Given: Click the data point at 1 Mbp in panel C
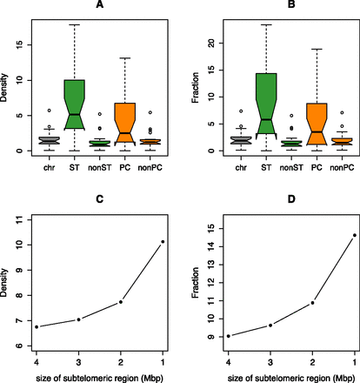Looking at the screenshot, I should pyautogui.click(x=162, y=218).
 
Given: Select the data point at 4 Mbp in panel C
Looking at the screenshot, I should pyautogui.click(x=36, y=326).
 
